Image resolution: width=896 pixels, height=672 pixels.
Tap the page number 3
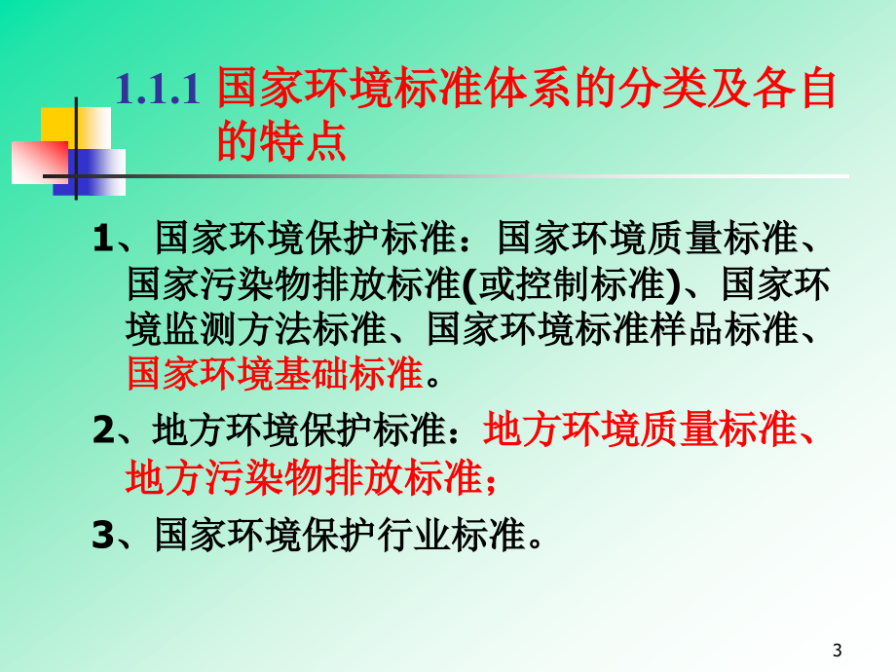tap(839, 651)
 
